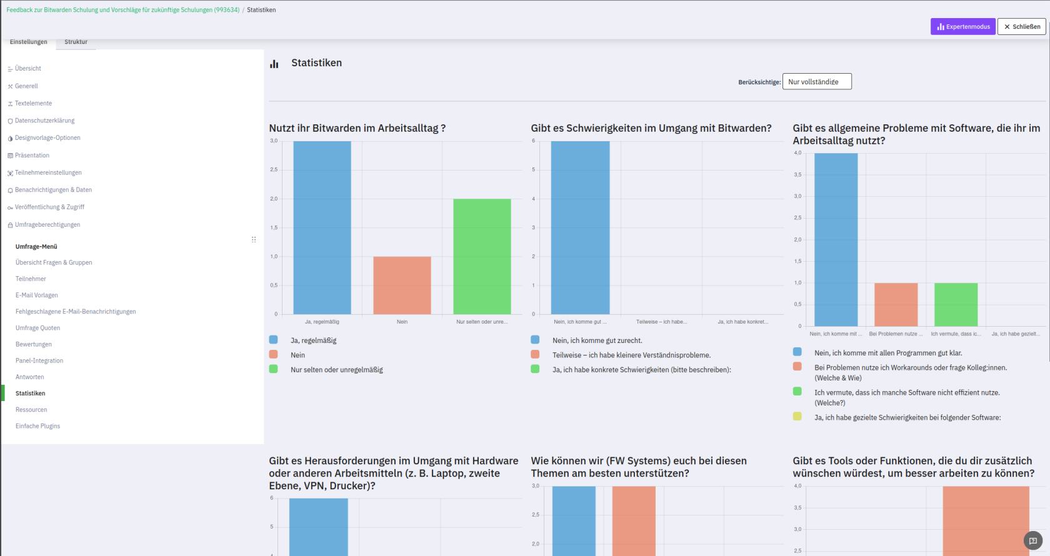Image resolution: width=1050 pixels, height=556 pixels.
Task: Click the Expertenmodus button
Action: tap(962, 27)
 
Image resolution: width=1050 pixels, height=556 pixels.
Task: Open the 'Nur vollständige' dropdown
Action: tap(816, 82)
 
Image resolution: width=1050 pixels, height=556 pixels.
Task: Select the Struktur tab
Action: tap(76, 42)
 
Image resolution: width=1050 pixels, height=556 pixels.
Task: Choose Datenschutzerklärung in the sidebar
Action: tap(44, 121)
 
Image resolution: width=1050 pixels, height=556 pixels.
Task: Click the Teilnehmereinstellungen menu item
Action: tap(48, 172)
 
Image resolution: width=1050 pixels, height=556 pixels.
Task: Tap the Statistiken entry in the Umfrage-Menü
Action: tap(30, 394)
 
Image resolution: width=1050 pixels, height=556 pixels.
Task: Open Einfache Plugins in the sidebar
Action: tap(37, 426)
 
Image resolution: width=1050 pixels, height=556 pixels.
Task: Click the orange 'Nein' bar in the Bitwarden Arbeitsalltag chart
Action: tap(402, 285)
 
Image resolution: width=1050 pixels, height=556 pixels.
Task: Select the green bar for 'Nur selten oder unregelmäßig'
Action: tap(482, 256)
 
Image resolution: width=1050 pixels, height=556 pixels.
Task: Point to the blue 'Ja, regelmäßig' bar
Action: tap(322, 227)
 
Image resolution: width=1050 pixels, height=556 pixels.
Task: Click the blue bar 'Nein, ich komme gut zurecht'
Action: tap(580, 227)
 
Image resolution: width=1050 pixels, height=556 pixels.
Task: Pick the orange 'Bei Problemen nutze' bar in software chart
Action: tap(896, 304)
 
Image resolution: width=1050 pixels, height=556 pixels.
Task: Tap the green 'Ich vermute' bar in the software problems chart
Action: tap(956, 304)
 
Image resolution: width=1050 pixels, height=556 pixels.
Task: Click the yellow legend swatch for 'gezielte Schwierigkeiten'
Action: tap(797, 416)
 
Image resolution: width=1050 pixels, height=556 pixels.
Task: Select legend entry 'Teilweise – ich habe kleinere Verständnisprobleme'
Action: tap(631, 355)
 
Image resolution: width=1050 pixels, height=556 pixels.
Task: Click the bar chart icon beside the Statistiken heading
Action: tap(274, 64)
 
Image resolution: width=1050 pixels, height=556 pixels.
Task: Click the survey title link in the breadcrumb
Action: tap(122, 10)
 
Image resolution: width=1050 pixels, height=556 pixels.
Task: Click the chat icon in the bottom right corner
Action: tap(1033, 540)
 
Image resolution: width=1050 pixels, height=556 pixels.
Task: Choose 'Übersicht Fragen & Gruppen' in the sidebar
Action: tap(54, 262)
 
